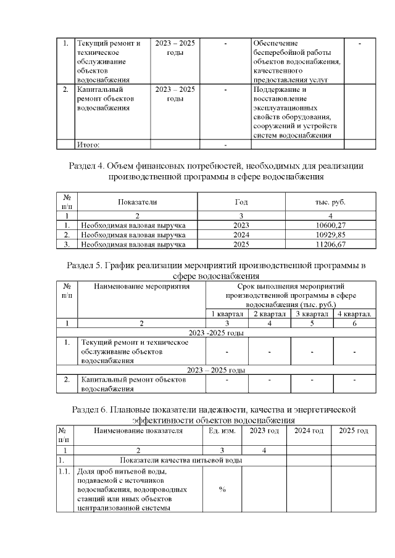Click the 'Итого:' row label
coord(88,145)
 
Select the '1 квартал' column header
coord(227,314)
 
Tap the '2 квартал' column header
coord(270,314)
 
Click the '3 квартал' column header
coord(312,314)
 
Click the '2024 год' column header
coord(309,430)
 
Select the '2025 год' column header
coord(354,430)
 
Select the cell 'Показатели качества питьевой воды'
coord(180,460)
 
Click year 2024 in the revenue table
coord(241,235)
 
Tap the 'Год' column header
coord(241,202)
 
